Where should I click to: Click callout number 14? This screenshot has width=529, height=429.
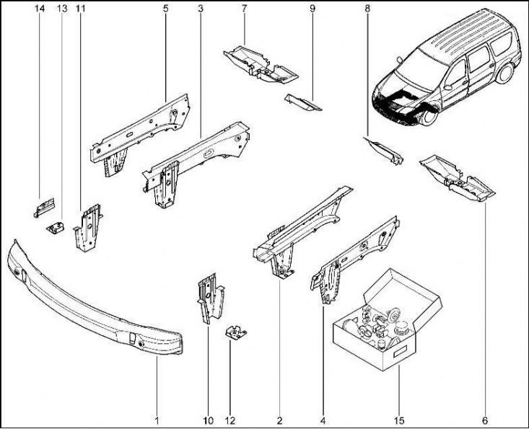(38, 8)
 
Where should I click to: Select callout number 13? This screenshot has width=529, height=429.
(61, 8)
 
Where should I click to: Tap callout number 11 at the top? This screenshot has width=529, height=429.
(79, 8)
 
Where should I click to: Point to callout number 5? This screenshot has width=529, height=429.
(166, 8)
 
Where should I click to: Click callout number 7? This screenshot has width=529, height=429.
(245, 8)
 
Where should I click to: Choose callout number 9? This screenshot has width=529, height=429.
(312, 8)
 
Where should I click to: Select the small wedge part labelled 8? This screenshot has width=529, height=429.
(383, 149)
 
